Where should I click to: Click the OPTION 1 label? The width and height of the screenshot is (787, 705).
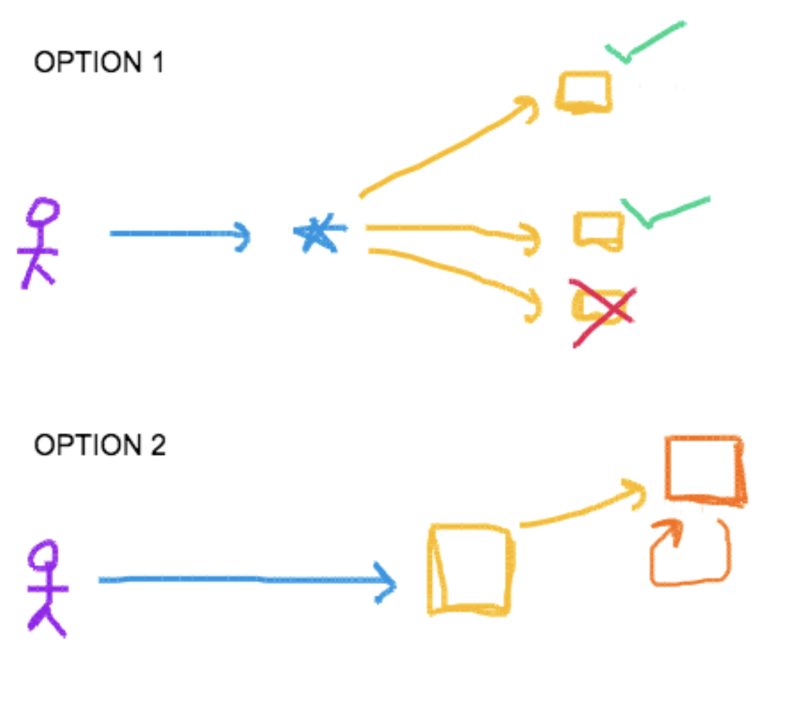(x=99, y=62)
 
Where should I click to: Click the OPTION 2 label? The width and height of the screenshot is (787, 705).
(x=99, y=445)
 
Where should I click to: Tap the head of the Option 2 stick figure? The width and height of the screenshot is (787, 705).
(x=46, y=555)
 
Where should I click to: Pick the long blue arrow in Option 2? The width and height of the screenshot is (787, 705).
(x=247, y=580)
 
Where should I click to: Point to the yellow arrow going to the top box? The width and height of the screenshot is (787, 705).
(x=443, y=149)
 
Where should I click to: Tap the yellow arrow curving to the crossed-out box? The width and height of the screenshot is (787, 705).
(x=457, y=272)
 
